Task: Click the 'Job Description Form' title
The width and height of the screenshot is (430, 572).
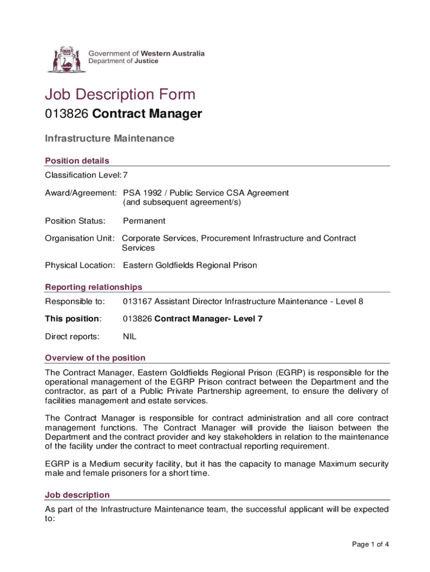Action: coord(120,94)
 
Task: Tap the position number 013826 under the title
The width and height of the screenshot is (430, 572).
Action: coord(67,115)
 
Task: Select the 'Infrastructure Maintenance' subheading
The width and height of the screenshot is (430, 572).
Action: coord(109,139)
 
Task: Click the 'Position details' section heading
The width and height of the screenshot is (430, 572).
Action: coord(77,161)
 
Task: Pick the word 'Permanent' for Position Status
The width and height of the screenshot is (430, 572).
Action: coord(144,221)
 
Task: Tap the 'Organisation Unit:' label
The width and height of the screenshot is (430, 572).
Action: coord(80,239)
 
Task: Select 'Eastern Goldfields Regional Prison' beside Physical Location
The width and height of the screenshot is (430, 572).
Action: coord(190,265)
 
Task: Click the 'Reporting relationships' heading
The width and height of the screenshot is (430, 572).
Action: coord(93,287)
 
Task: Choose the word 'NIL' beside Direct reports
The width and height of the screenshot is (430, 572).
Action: coord(130,337)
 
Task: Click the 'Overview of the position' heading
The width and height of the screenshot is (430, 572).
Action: coord(95,358)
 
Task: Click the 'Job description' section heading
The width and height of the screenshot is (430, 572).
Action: coord(77,495)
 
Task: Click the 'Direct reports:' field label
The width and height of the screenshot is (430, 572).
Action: coord(72,337)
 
